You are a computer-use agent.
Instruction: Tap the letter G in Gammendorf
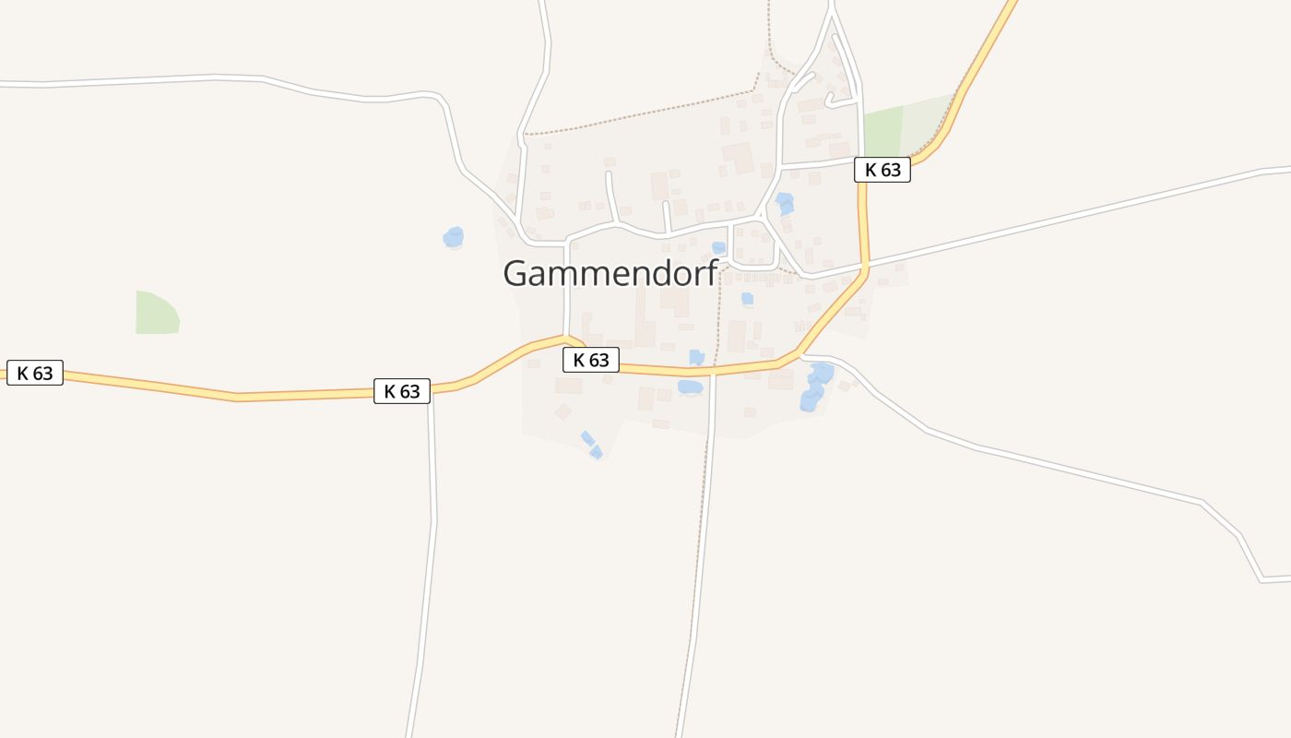point(518,273)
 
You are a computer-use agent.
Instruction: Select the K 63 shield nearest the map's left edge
point(35,373)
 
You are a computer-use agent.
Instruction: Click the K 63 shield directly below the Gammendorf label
point(591,360)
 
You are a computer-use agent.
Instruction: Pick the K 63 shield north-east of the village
point(882,170)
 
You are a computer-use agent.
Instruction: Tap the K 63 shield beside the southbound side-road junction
point(402,391)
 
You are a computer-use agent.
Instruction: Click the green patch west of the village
point(157,314)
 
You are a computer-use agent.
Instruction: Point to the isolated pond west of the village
point(453,237)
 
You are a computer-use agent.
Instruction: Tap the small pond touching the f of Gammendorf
point(718,248)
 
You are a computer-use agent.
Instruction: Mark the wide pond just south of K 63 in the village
point(690,387)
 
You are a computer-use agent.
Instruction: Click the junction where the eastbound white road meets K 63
point(864,268)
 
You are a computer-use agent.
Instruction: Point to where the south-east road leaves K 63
point(800,355)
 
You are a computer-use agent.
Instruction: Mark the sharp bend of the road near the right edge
point(1261,579)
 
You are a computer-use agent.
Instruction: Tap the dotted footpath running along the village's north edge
point(645,114)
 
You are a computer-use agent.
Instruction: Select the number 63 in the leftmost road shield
point(42,373)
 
